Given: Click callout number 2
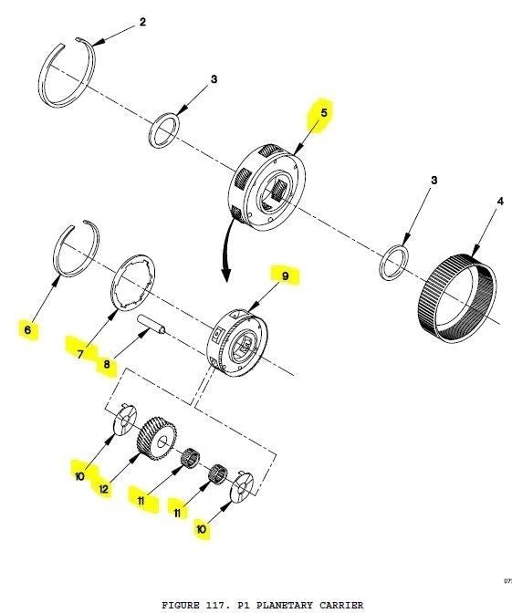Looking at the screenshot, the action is coord(142,22).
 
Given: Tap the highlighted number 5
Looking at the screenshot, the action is coord(324,112).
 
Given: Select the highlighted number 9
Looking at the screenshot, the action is coord(285,276).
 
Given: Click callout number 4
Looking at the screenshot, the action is coord(500,202).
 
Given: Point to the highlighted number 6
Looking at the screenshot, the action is coord(27,330).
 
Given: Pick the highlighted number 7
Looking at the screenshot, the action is coord(80,354).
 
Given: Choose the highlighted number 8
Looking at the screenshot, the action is coord(107,365).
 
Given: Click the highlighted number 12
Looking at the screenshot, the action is coord(104,489).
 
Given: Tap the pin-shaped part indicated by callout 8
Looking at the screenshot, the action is coord(152,326).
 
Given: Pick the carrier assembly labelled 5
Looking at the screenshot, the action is coord(267,188).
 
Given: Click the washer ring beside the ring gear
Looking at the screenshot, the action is coord(394,262).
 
